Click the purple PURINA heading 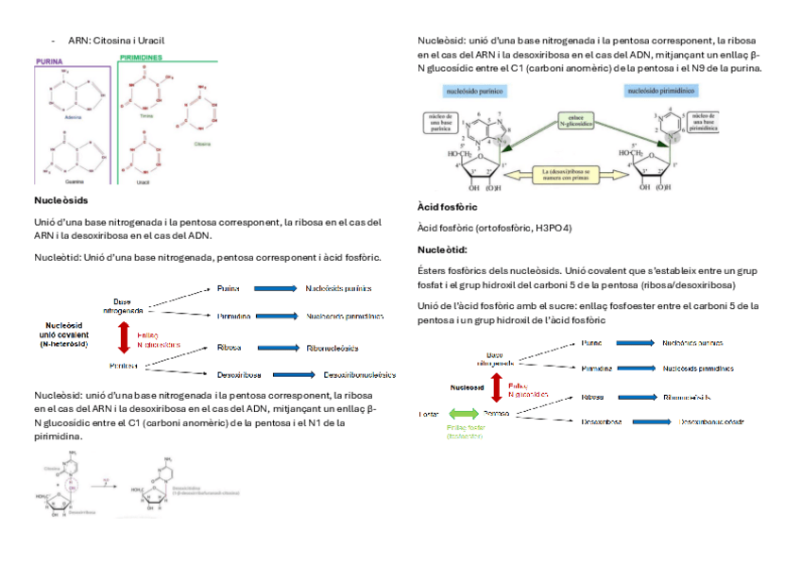(x=49, y=60)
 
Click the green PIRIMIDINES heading (x=142, y=59)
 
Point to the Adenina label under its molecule (x=73, y=116)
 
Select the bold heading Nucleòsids (x=60, y=201)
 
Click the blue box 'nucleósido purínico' (x=473, y=91)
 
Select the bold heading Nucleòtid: (x=442, y=250)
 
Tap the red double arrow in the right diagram (x=499, y=389)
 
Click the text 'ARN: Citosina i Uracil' (x=110, y=41)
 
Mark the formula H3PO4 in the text (x=554, y=229)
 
